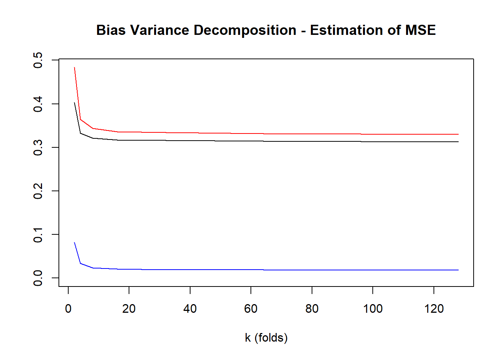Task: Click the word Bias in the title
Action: click(111, 30)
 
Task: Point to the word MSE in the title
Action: click(420, 30)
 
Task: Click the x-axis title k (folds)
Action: click(266, 338)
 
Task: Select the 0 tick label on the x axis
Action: click(68, 309)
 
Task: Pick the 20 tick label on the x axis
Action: click(129, 309)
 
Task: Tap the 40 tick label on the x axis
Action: click(190, 309)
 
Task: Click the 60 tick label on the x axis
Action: click(251, 309)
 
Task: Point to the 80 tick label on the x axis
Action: click(312, 309)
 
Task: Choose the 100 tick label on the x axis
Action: click(373, 309)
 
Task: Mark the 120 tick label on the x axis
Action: click(434, 309)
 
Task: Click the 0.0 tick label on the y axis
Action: click(38, 278)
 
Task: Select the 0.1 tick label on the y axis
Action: click(38, 234)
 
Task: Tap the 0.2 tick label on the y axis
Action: click(38, 191)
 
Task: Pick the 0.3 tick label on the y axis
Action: click(38, 147)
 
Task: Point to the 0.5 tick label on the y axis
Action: click(38, 60)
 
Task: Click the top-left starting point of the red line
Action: click(75, 67)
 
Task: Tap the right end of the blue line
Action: click(458, 270)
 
